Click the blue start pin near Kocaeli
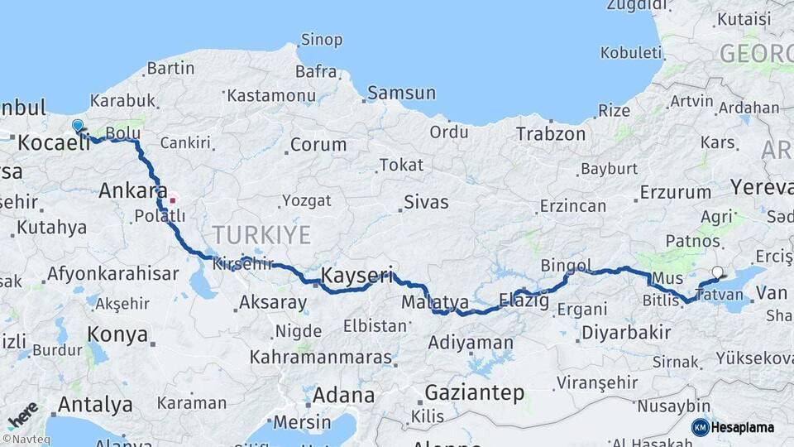[78, 127]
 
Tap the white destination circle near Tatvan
[717, 272]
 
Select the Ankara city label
[133, 191]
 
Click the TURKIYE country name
[262, 235]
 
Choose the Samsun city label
[401, 93]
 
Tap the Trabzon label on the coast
[551, 133]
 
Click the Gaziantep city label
[475, 392]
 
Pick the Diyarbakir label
[626, 333]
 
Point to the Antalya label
[95, 405]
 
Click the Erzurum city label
[675, 193]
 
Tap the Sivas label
[426, 202]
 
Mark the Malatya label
[435, 302]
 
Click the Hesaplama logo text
[744, 428]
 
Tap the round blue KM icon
[701, 427]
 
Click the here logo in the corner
[22, 415]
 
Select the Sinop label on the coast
[322, 39]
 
